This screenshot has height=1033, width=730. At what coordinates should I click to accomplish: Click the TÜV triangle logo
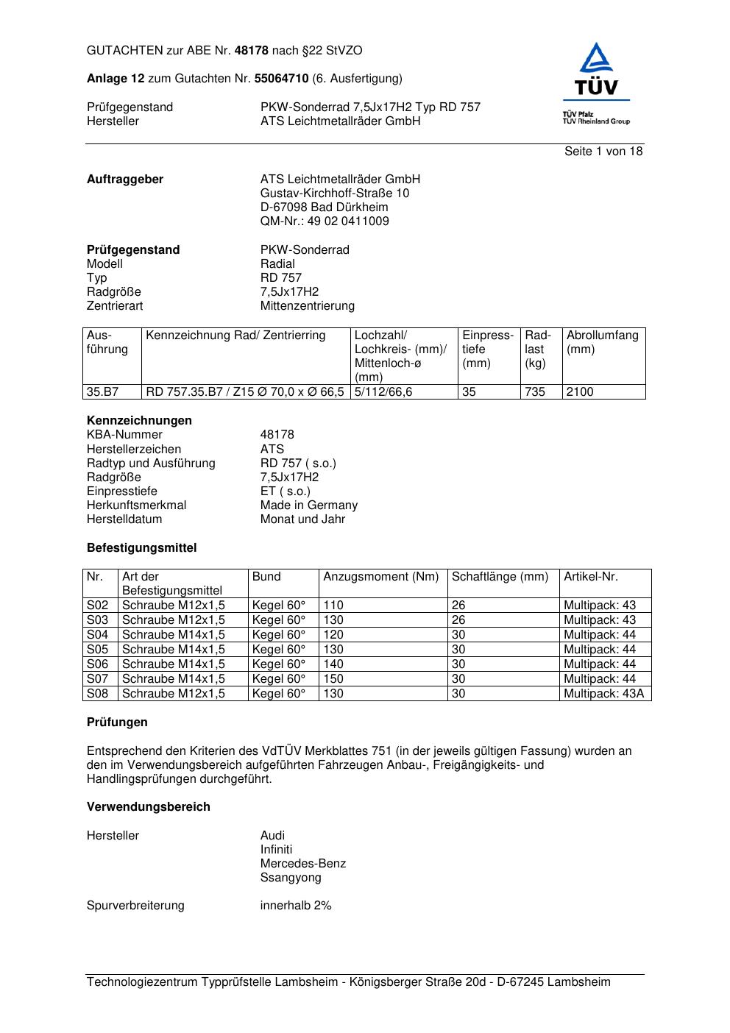point(595,70)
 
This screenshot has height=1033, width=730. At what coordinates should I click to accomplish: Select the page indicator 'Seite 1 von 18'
point(603,152)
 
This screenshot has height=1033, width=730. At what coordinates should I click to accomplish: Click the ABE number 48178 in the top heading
point(251,51)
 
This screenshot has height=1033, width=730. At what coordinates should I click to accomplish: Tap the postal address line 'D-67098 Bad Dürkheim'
point(324,207)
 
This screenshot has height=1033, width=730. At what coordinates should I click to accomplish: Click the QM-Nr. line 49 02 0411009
point(325,221)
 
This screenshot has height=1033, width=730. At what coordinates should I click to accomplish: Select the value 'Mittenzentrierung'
point(307,306)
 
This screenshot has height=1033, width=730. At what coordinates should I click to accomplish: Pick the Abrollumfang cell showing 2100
point(580,392)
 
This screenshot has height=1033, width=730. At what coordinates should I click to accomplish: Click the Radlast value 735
point(535,392)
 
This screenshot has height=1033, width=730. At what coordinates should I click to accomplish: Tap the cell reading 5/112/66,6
point(383,392)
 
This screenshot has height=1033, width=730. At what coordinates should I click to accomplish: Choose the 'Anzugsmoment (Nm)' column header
point(381,577)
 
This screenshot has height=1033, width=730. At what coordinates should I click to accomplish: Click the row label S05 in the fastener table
point(98,650)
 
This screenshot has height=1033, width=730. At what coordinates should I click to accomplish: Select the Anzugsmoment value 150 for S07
point(333,679)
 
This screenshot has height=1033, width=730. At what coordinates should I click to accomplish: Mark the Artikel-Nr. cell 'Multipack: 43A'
point(603,694)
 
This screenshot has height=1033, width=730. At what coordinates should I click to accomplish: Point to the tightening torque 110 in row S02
point(333,606)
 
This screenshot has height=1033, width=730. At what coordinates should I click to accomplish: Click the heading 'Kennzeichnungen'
point(139,421)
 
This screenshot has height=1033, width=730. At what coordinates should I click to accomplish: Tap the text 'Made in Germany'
point(308,505)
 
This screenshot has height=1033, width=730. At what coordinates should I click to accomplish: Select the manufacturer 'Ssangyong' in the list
point(291,878)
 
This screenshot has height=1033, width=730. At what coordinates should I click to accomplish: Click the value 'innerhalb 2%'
point(296,906)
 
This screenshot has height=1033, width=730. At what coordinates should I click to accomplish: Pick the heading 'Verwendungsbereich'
point(149,807)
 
